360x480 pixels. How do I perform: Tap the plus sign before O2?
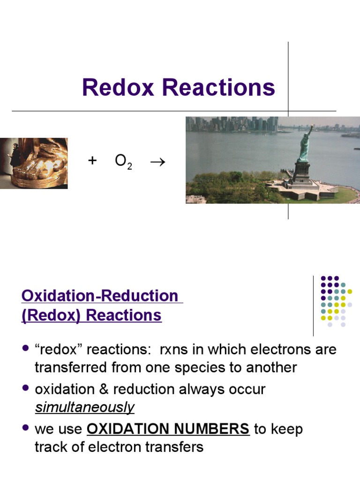pos(92,161)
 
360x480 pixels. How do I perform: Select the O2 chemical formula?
pos(123,162)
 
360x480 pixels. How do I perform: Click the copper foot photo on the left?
pos(34,163)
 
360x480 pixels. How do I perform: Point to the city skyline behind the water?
pos(234,124)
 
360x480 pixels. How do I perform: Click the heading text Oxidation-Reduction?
pos(100,296)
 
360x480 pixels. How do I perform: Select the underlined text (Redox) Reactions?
pos(91,315)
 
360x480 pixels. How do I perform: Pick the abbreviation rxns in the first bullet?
pos(175,350)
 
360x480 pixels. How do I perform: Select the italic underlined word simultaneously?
pos(84,407)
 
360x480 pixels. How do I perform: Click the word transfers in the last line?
pos(176,447)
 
